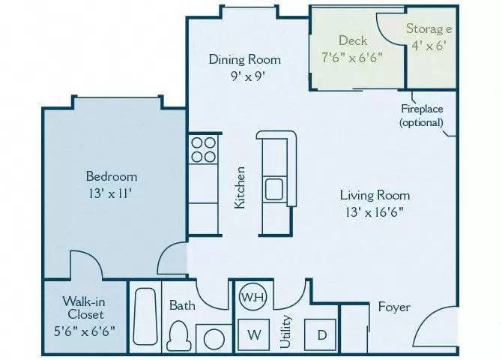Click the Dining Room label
click(244, 59)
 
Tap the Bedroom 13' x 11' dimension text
click(112, 193)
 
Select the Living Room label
click(375, 195)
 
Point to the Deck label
click(352, 40)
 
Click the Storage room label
click(429, 29)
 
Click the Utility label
click(285, 330)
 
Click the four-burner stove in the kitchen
click(202, 148)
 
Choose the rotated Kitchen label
click(241, 187)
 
